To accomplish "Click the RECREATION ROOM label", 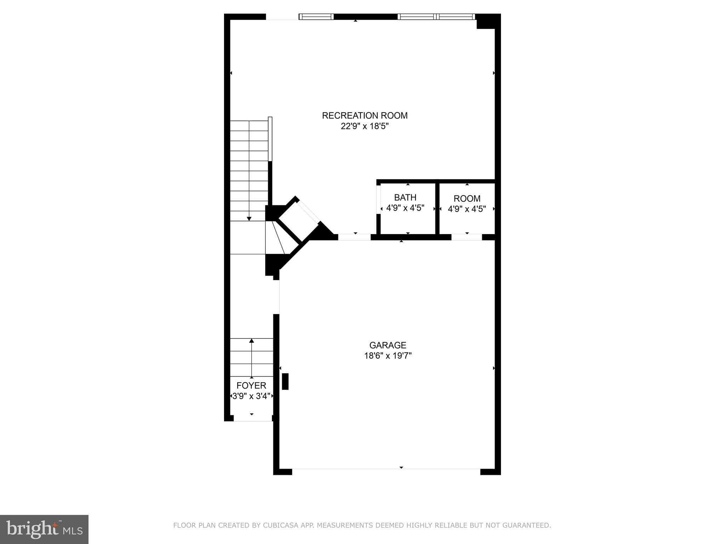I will (365, 115).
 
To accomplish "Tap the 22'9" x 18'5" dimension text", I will (365, 126).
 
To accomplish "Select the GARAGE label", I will (388, 345).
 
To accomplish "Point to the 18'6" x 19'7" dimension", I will (388, 356).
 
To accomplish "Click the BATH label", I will (405, 197).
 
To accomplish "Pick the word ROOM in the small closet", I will (467, 198).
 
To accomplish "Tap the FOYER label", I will (251, 385).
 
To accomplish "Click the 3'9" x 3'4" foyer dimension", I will (251, 396).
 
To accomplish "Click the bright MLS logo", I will (44, 529).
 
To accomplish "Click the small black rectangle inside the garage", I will (285, 381).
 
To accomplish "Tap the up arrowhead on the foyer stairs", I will (252, 341).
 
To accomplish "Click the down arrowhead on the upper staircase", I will (249, 219).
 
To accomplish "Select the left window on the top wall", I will (316, 17).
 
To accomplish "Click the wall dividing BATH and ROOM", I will (437, 208).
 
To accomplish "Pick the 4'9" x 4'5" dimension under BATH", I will (405, 208).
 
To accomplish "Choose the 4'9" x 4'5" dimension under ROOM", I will (467, 209).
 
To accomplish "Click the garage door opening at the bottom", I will (386, 469).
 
